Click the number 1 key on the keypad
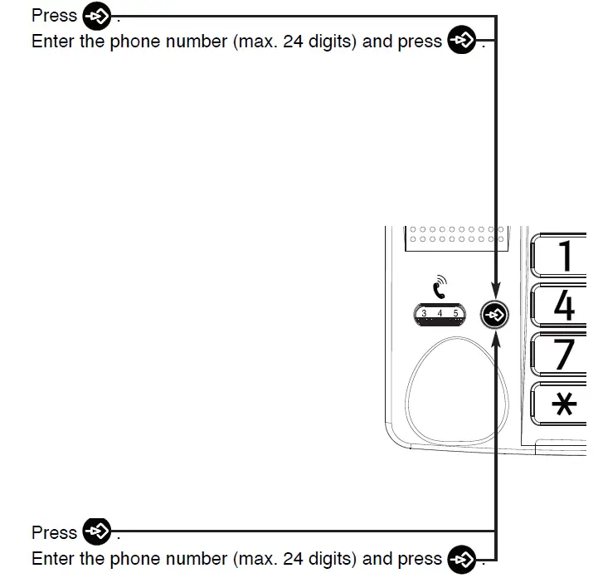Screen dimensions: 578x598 [x=563, y=255]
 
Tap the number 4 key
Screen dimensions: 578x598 [x=563, y=305]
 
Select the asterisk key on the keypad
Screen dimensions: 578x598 [x=563, y=405]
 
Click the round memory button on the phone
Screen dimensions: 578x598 [x=495, y=315]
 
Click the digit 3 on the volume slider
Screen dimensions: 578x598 [x=424, y=313]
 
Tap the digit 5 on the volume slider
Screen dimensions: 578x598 [x=455, y=313]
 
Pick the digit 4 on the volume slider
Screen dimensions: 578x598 [x=440, y=313]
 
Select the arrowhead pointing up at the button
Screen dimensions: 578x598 [x=495, y=336]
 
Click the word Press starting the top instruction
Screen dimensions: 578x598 [x=54, y=16]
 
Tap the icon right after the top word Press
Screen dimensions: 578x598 [x=97, y=16]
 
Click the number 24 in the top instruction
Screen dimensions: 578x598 [x=293, y=42]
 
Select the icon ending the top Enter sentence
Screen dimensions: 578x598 [x=462, y=41]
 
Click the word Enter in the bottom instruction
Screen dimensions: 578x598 [x=53, y=558]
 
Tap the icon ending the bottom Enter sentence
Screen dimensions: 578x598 [x=462, y=558]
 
